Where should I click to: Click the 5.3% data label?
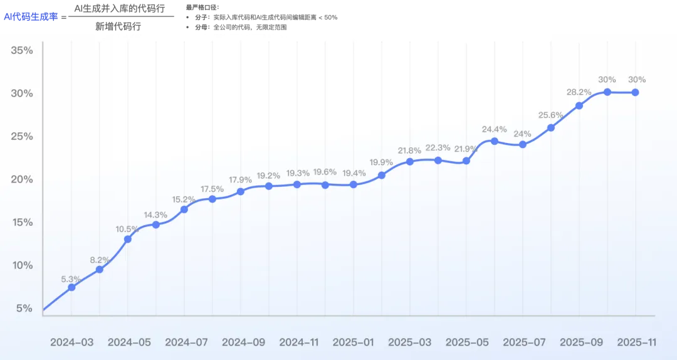71,279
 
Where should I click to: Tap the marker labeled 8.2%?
100,270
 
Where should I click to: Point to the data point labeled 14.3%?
156,225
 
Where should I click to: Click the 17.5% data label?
212,189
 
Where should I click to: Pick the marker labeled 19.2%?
269,186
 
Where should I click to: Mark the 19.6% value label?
325,172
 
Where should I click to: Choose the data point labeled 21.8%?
410,161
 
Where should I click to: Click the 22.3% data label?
438,148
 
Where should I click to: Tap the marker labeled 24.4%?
495,141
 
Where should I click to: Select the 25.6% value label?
550,115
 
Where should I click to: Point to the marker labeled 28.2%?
579,105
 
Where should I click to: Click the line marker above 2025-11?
636,92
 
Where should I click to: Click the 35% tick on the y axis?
22,50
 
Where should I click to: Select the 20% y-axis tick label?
22,179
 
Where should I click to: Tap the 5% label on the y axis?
24,309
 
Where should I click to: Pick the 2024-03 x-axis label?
71,342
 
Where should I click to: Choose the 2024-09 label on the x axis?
243,342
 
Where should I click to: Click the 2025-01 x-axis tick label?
353,342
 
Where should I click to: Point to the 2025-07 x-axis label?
524,342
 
